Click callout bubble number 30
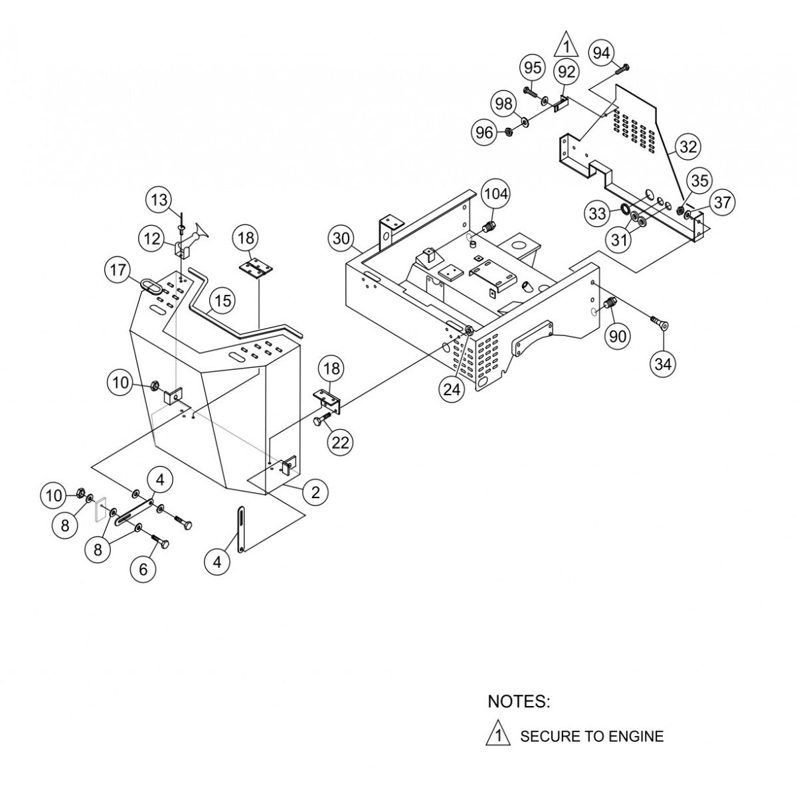click(342, 238)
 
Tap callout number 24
click(452, 391)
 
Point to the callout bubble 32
click(689, 146)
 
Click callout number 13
click(160, 199)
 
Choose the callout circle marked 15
click(222, 301)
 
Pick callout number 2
click(315, 491)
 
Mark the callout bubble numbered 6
click(144, 569)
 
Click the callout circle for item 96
click(485, 132)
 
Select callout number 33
click(598, 214)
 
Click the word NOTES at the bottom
click(519, 701)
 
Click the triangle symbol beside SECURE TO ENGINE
click(498, 735)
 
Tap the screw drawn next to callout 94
click(624, 67)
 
